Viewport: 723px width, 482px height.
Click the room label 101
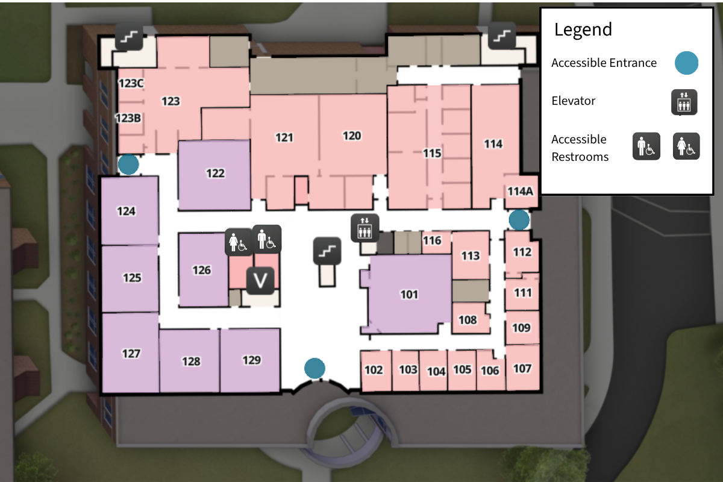point(409,295)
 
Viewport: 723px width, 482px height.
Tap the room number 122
point(215,174)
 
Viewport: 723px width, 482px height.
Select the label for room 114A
point(520,192)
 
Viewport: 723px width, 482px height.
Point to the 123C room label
point(130,84)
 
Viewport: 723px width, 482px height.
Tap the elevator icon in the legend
point(684,102)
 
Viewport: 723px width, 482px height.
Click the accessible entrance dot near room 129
point(315,368)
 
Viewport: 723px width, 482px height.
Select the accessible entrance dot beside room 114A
point(519,220)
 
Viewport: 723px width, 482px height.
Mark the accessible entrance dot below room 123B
point(128,164)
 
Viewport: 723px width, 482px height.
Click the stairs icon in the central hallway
point(327,251)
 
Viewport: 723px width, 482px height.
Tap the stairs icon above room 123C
point(129,37)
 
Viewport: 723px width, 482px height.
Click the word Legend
point(583,30)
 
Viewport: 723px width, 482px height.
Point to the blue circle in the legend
point(686,63)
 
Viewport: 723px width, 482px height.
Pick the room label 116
point(432,241)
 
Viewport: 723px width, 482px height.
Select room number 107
point(522,368)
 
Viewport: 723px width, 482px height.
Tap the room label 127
point(131,354)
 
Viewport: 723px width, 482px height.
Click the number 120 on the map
point(352,136)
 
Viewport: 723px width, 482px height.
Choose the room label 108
point(468,320)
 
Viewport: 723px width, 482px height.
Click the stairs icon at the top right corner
point(501,36)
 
